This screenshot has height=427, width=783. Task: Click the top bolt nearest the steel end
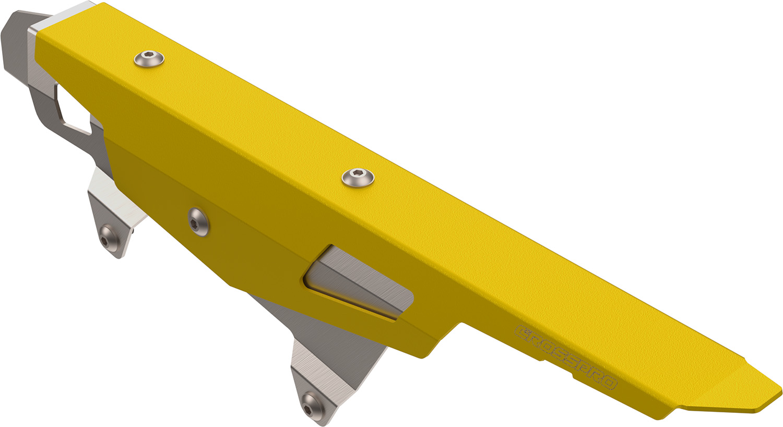click(149, 58)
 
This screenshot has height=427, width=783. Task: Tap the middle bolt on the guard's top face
click(358, 178)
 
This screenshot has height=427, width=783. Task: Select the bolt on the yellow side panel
click(198, 222)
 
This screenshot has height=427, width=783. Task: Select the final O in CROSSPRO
click(609, 382)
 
